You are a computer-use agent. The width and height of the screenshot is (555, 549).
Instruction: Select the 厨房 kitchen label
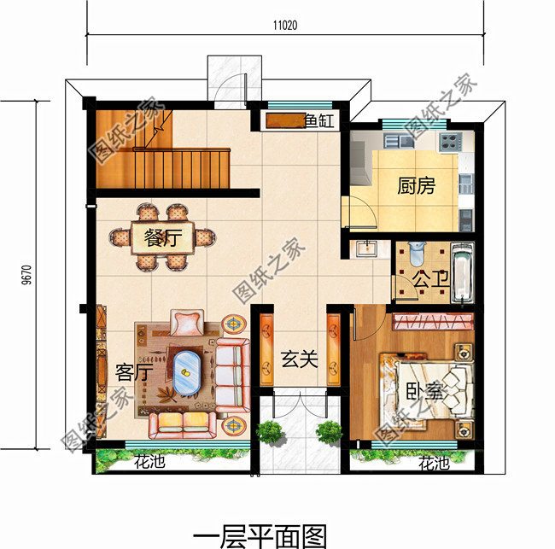click(416, 186)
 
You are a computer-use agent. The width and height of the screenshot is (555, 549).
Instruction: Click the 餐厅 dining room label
click(163, 237)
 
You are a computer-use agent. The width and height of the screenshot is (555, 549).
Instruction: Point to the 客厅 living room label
click(132, 373)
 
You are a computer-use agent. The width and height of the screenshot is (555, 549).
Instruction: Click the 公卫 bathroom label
click(424, 279)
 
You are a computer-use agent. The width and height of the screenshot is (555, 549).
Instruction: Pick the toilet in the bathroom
click(416, 254)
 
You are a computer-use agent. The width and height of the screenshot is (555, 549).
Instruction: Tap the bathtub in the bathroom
click(461, 276)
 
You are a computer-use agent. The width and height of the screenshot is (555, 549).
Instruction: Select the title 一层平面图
click(260, 535)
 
